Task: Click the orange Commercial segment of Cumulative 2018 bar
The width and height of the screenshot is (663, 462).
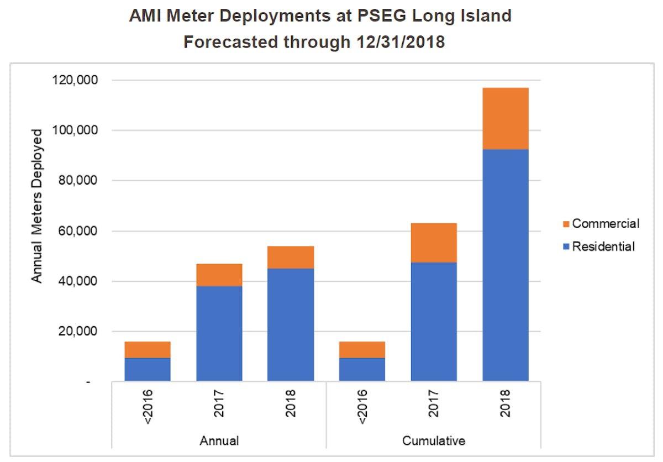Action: tap(505, 118)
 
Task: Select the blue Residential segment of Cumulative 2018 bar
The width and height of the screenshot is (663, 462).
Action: tap(505, 265)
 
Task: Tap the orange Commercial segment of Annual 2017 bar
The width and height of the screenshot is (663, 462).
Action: tap(219, 275)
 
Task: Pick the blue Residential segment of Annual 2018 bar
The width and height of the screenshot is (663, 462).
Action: tap(291, 325)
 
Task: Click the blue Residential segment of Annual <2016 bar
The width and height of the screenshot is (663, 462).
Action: tap(148, 370)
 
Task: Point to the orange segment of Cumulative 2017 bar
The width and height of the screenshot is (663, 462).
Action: tap(434, 243)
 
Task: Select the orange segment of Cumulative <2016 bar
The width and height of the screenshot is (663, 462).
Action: tap(362, 350)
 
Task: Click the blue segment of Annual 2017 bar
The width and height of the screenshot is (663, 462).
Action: tap(219, 333)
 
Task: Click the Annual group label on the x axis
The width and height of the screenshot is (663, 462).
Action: tap(219, 440)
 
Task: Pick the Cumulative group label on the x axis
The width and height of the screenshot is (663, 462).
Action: tap(434, 440)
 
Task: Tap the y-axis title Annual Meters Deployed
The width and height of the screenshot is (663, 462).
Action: tap(37, 206)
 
